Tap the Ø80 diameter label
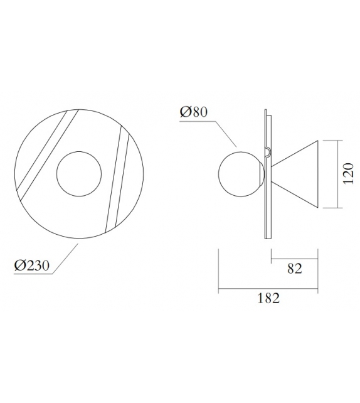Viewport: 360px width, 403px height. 193,112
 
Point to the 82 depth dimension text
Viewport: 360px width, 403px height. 295,269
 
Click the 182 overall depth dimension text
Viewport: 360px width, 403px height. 268,299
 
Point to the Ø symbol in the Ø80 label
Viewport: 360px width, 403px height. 185,112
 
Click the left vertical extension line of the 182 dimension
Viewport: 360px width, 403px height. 218,270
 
